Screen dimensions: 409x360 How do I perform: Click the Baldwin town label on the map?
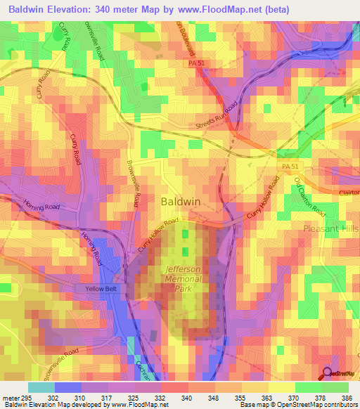tap(181, 201)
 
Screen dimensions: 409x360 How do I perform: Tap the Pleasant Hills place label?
tap(330, 229)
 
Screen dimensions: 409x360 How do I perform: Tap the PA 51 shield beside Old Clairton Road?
tap(291, 166)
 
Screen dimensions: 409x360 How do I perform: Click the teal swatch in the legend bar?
tap(41, 387)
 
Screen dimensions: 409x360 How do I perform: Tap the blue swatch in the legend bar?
tap(68, 387)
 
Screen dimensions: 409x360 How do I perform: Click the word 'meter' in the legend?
tap(11, 397)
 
